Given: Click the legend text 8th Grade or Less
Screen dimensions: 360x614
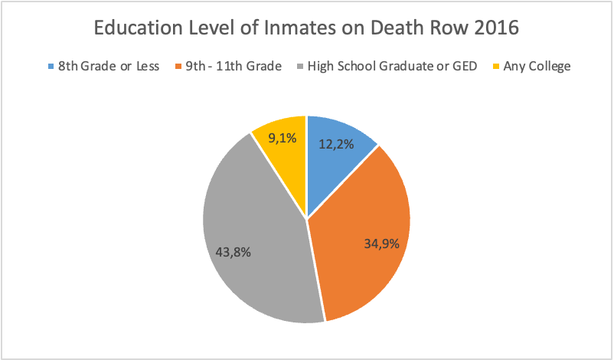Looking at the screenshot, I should pos(108,67).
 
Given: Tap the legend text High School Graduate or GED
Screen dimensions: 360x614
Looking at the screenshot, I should pos(391,67).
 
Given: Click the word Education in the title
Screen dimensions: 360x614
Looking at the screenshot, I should pos(137,28).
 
